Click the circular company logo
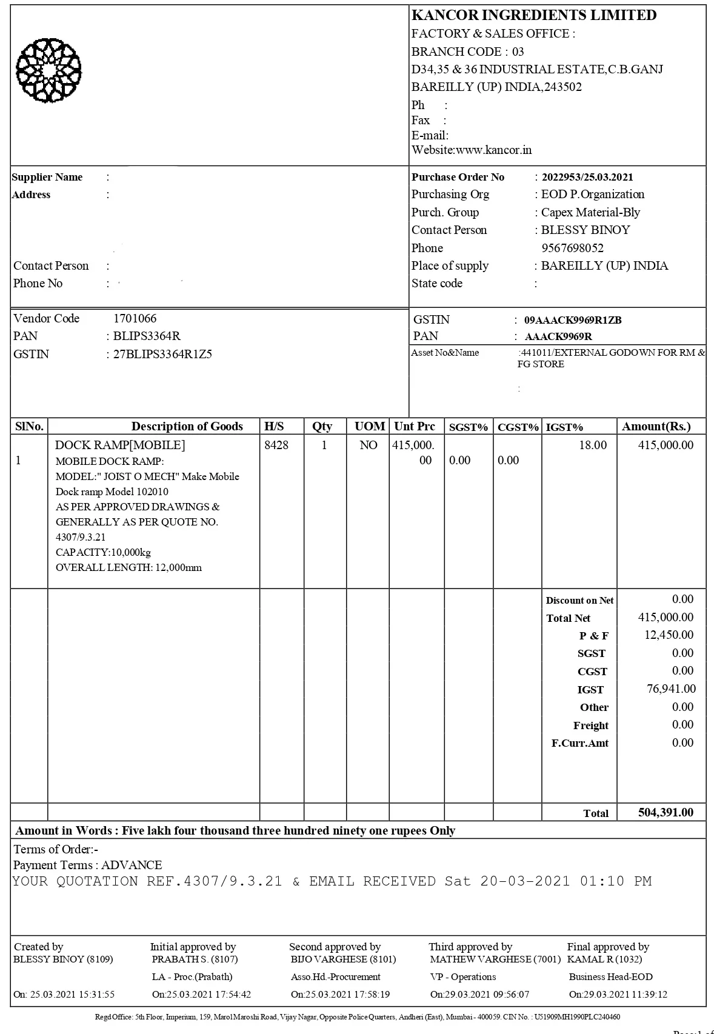pos(48,70)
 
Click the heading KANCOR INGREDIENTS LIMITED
pos(533,15)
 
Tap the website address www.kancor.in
pos(493,150)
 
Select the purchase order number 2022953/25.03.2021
pos(587,177)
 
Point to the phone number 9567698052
pos(572,248)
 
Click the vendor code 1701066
pos(135,318)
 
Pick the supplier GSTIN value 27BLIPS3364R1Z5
pos(162,354)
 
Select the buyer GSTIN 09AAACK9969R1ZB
pos(572,320)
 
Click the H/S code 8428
pos(276,445)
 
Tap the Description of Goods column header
pos(187,426)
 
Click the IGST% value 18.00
pos(592,445)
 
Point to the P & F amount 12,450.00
pos(669,635)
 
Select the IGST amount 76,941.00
pos(671,689)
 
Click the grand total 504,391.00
pos(666,812)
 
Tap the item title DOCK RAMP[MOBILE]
pos(120,445)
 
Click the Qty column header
pos(322,426)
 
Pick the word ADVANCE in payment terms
pos(132,865)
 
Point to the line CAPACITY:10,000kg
pos(103,552)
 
